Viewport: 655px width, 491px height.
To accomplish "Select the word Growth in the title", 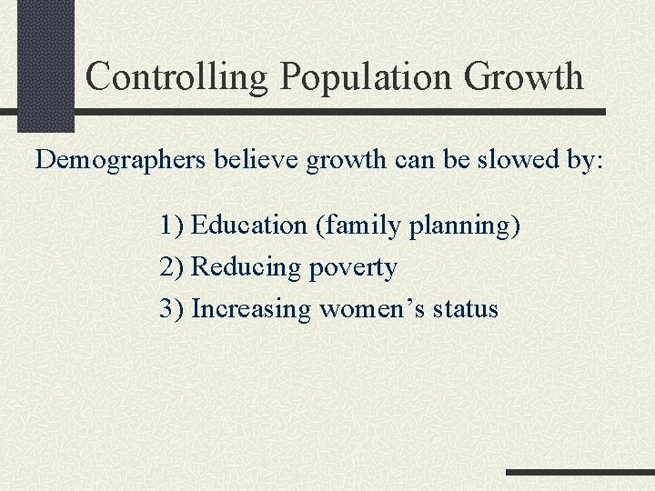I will tap(523, 77).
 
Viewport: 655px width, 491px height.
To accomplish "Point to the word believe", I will tap(260, 160).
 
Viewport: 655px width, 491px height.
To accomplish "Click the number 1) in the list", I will tap(171, 225).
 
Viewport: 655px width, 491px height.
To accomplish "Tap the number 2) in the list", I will tap(171, 267).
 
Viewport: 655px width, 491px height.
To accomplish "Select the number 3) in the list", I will tap(171, 309).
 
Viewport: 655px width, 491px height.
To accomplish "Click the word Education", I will tap(250, 225).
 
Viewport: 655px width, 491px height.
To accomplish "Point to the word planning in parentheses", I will tap(465, 225).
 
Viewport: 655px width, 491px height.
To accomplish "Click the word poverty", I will tap(353, 268).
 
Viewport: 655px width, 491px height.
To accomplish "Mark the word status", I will tap(466, 309).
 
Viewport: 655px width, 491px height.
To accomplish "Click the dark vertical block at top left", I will tap(45, 64).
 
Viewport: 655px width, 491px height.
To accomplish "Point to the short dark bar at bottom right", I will tap(579, 473).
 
